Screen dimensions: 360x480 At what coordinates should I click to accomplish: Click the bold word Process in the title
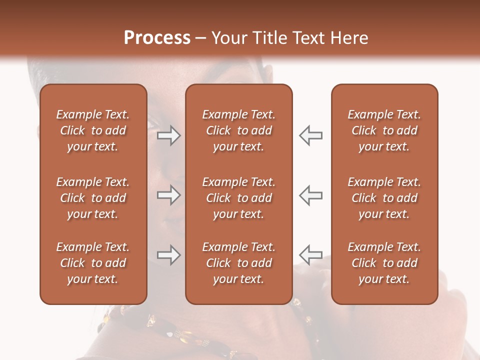tap(157, 38)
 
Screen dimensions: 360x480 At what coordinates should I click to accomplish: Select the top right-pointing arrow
tap(169, 135)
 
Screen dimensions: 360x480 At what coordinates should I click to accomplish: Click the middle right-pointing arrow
tap(169, 195)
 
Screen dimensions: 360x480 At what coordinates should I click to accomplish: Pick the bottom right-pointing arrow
tap(169, 255)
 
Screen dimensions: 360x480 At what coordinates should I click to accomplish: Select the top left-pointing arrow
tap(310, 135)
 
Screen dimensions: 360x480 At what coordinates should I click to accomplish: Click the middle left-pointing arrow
tap(310, 195)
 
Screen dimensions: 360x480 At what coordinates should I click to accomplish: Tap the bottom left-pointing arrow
tap(310, 255)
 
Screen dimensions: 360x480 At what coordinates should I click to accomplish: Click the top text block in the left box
tap(93, 130)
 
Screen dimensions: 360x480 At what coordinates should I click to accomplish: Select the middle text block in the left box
tap(93, 198)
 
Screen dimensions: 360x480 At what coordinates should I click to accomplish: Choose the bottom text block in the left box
tap(93, 263)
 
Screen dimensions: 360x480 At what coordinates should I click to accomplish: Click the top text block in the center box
tap(238, 130)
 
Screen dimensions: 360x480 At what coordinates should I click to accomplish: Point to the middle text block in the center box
tap(238, 198)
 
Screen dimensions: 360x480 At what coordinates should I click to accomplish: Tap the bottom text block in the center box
tap(238, 263)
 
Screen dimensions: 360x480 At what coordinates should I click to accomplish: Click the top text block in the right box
tap(384, 130)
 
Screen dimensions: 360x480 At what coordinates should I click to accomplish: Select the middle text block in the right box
tap(384, 198)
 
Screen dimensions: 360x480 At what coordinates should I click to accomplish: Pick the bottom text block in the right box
tap(384, 263)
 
